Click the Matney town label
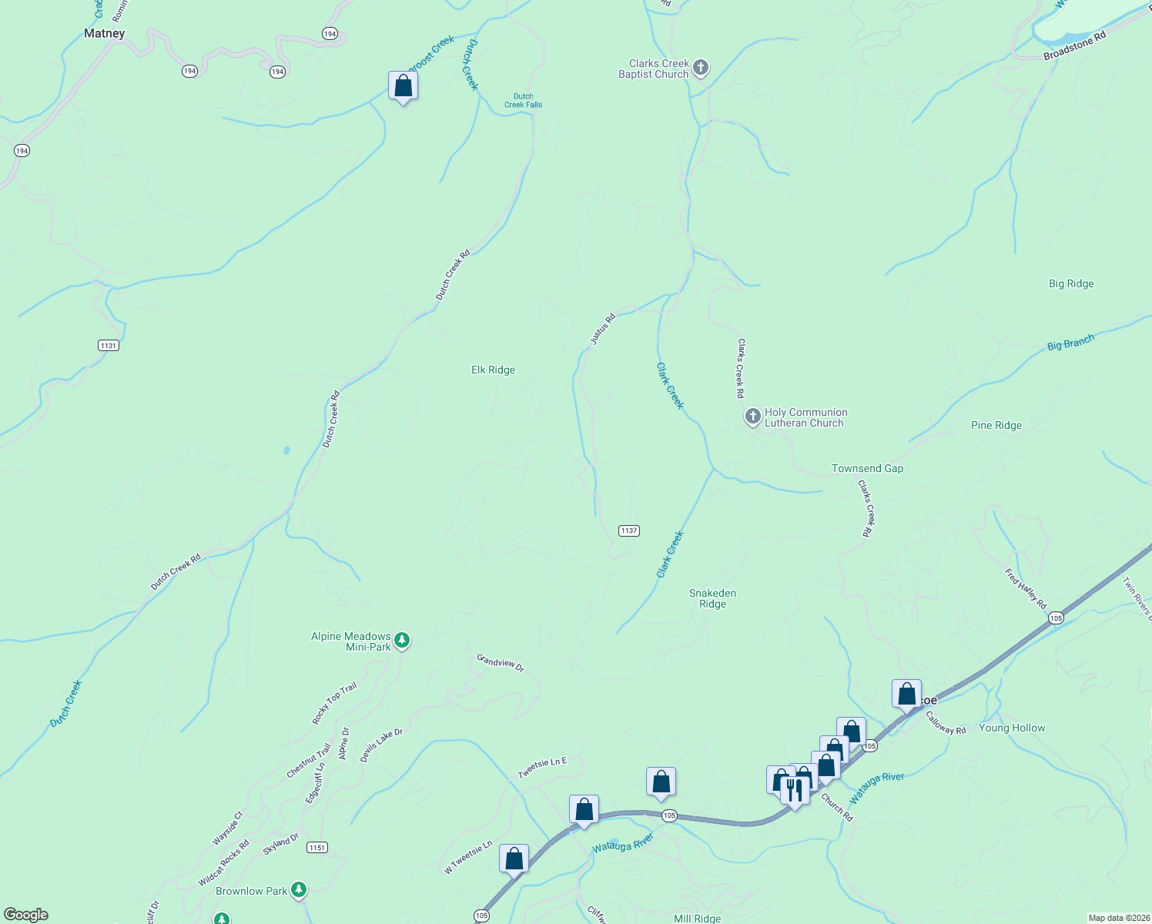click(x=104, y=34)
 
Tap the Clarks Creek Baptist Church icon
click(x=701, y=69)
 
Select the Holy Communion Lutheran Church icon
click(x=753, y=417)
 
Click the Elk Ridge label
click(x=493, y=370)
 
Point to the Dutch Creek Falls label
click(x=524, y=101)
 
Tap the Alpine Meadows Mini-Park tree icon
click(x=401, y=641)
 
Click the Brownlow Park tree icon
click(x=299, y=891)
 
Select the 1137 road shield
click(x=629, y=531)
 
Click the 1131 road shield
click(x=109, y=346)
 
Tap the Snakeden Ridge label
click(x=712, y=598)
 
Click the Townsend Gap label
click(x=867, y=468)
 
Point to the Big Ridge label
click(x=1071, y=284)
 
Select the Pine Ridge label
click(x=996, y=425)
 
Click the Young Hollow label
click(x=1012, y=728)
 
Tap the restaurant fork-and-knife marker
click(x=794, y=790)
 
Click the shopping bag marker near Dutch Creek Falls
click(x=403, y=85)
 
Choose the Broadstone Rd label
click(x=1074, y=46)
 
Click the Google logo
click(x=26, y=915)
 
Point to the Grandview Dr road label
click(x=501, y=663)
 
